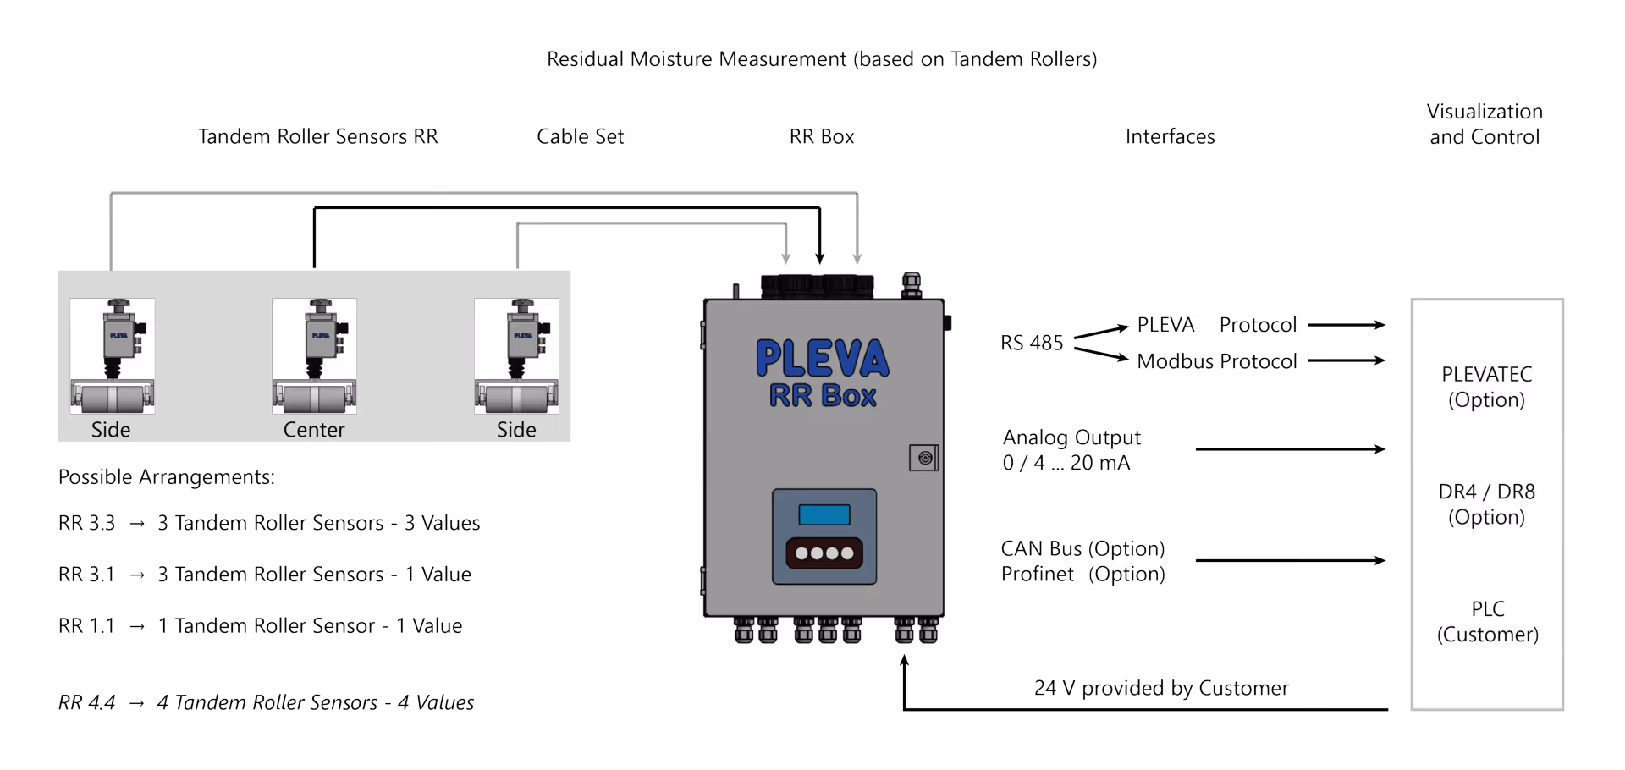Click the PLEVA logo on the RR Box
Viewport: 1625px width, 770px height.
click(x=822, y=358)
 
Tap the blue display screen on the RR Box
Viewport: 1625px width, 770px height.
click(x=824, y=514)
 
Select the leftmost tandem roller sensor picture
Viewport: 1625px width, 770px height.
click(x=113, y=355)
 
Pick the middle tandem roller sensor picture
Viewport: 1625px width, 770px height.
click(x=314, y=355)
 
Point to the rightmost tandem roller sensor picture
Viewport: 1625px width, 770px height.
click(x=516, y=355)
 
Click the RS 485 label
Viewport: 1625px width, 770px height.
click(x=1031, y=343)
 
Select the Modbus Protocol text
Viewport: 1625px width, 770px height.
click(x=1216, y=361)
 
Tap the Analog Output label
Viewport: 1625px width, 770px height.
click(x=1071, y=437)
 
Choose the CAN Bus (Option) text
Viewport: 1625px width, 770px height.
click(x=1082, y=548)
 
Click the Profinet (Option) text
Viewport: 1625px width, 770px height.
click(x=1082, y=574)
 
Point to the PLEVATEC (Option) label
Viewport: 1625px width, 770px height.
click(x=1486, y=387)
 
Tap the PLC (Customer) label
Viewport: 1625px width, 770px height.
click(x=1487, y=622)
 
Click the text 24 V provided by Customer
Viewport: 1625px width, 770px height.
click(x=1160, y=688)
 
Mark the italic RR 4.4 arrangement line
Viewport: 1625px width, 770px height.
click(x=266, y=702)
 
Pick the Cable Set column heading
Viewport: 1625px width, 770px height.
click(x=580, y=136)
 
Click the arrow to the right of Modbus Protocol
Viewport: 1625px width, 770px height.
click(x=1346, y=360)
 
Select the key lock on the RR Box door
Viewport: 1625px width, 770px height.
click(x=924, y=458)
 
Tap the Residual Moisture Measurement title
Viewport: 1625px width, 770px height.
click(x=821, y=59)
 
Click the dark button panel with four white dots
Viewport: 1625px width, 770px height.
click(x=824, y=553)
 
